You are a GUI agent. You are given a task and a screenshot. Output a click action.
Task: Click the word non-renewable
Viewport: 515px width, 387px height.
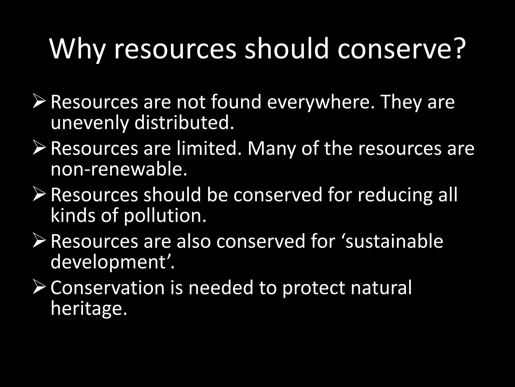tap(119, 169)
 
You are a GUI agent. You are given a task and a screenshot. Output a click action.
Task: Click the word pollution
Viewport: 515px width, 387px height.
tap(165, 216)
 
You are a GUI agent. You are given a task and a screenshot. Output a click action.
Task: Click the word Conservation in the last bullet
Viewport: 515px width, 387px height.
tap(108, 287)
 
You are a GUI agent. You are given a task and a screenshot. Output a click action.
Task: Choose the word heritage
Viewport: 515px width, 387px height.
tap(89, 309)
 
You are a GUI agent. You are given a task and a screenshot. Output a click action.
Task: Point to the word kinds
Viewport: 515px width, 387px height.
tap(73, 216)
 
